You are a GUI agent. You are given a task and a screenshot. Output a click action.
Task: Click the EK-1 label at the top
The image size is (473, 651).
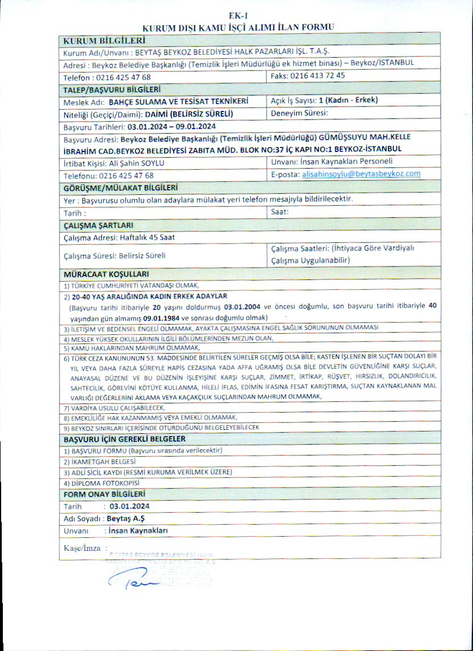point(236,16)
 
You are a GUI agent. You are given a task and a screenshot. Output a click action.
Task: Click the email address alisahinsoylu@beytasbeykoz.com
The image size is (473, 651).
point(361,174)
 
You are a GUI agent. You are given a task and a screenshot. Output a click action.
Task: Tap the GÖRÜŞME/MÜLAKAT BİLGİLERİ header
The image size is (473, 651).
point(120,187)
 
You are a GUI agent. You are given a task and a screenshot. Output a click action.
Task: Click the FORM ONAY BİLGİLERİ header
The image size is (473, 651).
point(104,494)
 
